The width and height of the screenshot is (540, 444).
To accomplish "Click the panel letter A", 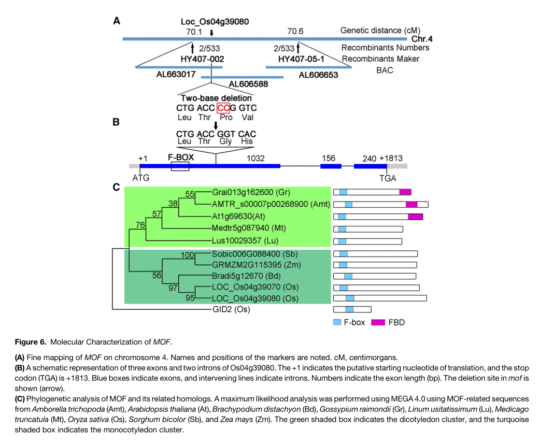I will (x=117, y=21).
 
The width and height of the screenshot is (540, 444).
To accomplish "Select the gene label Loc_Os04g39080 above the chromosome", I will (x=215, y=22).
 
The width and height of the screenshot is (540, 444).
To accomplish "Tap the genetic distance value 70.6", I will (x=295, y=32).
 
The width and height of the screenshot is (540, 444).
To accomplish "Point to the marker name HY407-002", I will (x=202, y=59).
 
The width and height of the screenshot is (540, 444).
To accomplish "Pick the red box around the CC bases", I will (x=223, y=108).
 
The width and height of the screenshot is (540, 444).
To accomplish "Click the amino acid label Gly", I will (x=225, y=141).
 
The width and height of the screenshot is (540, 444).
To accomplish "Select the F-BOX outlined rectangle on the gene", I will (x=180, y=165).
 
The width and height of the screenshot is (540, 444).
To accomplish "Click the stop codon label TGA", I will (x=387, y=178).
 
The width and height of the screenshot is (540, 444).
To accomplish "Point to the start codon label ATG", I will (x=140, y=178).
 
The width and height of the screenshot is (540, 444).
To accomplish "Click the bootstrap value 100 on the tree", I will (x=187, y=254).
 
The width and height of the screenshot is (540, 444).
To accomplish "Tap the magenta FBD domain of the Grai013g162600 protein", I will (x=405, y=192).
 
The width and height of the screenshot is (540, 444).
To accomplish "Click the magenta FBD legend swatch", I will (x=378, y=322).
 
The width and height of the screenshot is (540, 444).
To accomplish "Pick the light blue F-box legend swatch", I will (x=337, y=322).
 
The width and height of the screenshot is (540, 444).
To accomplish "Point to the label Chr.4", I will (x=422, y=39).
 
